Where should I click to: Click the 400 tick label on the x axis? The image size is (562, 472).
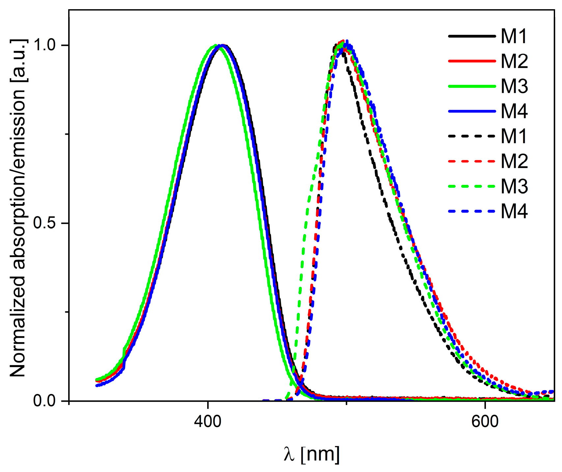tap(208, 421)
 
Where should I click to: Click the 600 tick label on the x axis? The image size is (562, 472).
tap(485, 421)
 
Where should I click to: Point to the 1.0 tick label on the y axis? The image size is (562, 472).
tap(44, 45)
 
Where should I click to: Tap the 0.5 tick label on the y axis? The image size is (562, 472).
tap(44, 223)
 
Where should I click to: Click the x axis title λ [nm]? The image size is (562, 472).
tap(311, 454)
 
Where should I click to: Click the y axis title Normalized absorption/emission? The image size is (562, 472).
tap(18, 208)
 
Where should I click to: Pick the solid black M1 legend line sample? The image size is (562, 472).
tap(472, 36)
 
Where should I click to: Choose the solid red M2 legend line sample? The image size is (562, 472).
tap(472, 61)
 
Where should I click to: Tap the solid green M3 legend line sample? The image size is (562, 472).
tap(472, 86)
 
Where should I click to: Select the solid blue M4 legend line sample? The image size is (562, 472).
tap(472, 111)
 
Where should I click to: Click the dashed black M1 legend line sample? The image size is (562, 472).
tap(472, 136)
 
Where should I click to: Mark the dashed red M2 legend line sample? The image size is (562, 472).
tap(472, 161)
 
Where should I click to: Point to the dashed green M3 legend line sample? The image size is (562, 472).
tap(472, 186)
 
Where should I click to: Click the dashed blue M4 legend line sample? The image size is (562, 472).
tap(472, 211)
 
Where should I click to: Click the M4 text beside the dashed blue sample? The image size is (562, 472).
tap(514, 211)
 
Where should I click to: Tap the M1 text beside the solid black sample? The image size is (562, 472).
tap(514, 36)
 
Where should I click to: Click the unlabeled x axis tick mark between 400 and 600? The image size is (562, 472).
tap(346, 403)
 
